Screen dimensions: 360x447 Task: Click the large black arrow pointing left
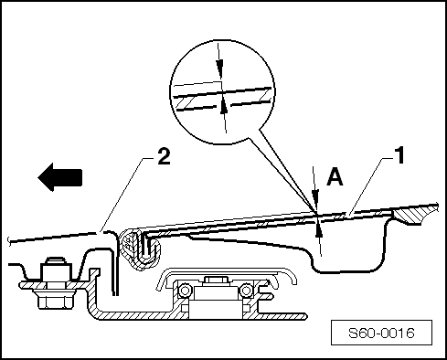[x=61, y=177]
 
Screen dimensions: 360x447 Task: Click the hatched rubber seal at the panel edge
[x=136, y=247]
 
